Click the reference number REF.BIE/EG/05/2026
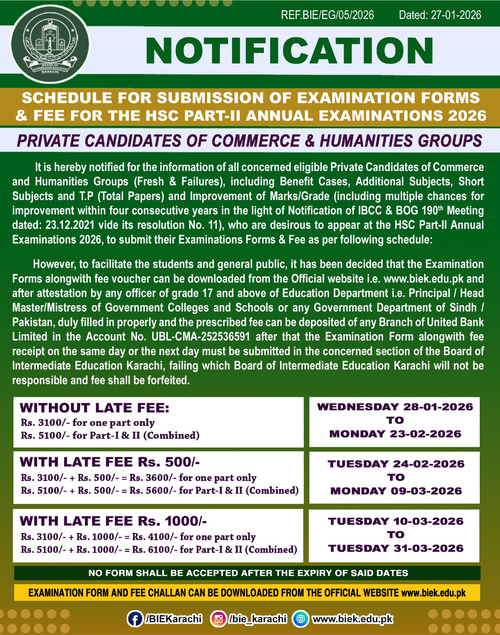327,15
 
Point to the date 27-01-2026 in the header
456,15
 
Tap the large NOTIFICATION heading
289,51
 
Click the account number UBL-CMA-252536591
201,337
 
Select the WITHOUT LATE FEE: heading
94,408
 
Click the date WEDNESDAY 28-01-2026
395,407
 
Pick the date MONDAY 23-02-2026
395,434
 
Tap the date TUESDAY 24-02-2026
396,464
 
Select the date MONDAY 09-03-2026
396,491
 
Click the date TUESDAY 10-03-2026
396,521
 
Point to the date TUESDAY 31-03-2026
396,548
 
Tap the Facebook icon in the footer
135,619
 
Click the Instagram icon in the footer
218,619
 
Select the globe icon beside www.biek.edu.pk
300,619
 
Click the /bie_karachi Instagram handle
258,619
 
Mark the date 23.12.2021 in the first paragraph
70,225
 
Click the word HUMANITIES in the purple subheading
361,141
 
